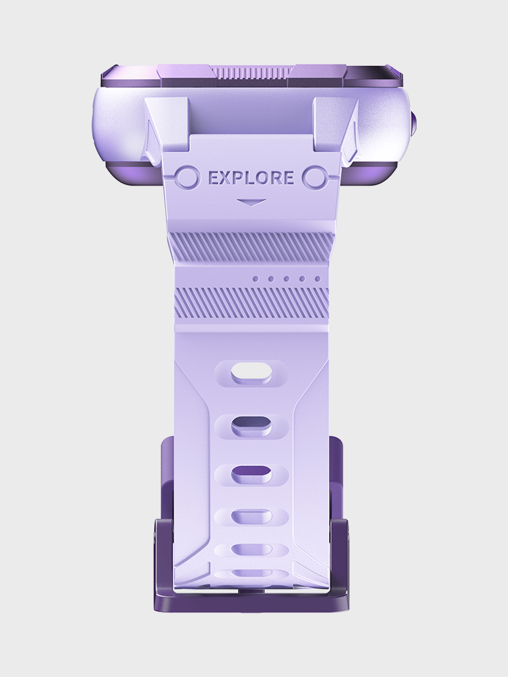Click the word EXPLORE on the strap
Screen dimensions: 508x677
coord(251,178)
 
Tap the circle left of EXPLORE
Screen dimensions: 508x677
coord(188,178)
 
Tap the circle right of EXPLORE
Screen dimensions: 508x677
coord(314,178)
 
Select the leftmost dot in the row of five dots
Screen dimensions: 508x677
coord(256,279)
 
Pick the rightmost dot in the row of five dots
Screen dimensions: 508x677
coord(317,279)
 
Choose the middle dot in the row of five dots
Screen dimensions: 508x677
coord(287,279)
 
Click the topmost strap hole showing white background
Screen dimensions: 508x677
coord(251,373)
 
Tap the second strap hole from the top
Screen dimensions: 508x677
coord(252,426)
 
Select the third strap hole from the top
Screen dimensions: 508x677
coord(252,475)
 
